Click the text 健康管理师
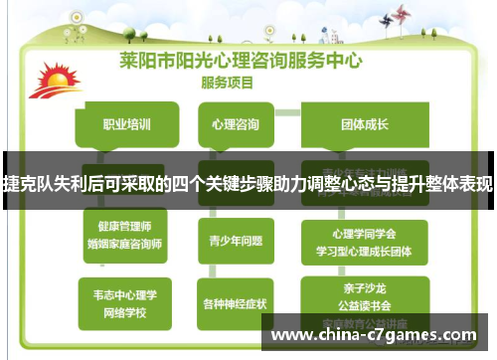[125, 227]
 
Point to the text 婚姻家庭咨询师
[125, 243]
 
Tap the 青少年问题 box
[236, 240]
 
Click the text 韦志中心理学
[125, 293]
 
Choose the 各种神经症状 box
[236, 301]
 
